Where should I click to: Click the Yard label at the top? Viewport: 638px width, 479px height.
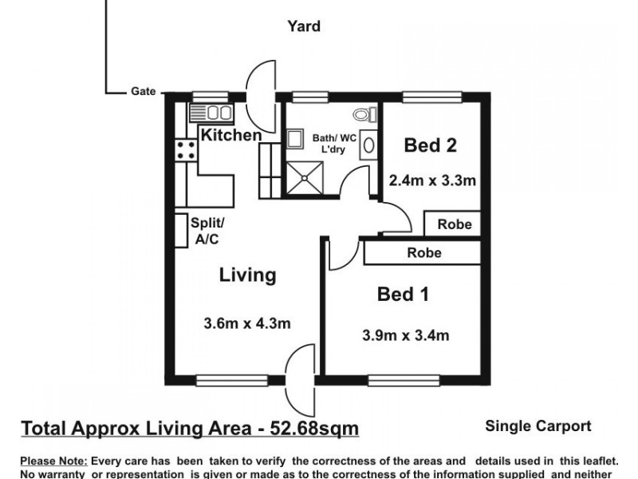[304, 26]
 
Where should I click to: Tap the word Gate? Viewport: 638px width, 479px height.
[143, 92]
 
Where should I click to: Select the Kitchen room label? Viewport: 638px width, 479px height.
[230, 135]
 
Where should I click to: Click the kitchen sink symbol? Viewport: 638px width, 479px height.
[211, 113]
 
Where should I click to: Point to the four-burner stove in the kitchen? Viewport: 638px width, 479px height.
[185, 149]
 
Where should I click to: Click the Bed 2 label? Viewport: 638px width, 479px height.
[430, 145]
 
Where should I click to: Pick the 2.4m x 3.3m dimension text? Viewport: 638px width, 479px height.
[431, 180]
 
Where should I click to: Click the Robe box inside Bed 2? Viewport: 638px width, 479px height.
[454, 224]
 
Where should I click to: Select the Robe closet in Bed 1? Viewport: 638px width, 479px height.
[423, 253]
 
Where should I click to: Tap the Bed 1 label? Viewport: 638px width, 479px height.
[403, 295]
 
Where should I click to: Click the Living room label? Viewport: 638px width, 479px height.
[247, 275]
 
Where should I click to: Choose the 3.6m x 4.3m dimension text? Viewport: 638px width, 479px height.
[247, 323]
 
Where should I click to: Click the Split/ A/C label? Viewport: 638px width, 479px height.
[209, 231]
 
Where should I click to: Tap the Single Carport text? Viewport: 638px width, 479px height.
[538, 426]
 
